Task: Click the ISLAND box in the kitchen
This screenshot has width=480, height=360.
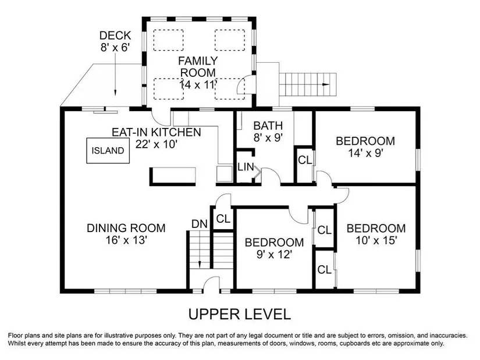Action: [108, 150]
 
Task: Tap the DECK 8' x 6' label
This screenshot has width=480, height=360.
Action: [115, 41]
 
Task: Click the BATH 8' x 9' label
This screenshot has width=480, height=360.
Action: [268, 131]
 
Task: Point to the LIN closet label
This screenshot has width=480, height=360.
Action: [246, 167]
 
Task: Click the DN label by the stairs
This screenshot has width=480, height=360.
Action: [200, 224]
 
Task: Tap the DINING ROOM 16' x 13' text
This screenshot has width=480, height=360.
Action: [126, 234]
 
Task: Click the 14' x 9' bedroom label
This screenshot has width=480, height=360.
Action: [365, 147]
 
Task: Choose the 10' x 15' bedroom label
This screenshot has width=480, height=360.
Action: [376, 234]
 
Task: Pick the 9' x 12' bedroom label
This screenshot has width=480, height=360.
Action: [274, 248]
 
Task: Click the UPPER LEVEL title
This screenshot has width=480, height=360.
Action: [239, 315]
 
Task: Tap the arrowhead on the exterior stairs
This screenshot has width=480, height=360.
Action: [326, 84]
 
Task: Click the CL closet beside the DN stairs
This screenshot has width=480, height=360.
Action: [223, 219]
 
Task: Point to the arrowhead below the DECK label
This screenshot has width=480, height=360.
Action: [115, 92]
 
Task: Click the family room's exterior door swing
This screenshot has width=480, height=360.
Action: [241, 85]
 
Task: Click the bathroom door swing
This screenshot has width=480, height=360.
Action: [271, 176]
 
